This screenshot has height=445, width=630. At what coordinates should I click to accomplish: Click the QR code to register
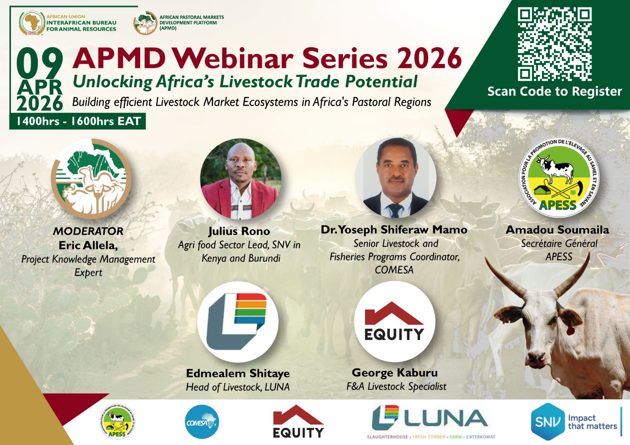point(554,44)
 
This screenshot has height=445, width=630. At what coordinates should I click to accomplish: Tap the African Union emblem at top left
point(32,23)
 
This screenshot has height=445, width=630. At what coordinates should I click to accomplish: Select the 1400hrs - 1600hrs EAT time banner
point(78,121)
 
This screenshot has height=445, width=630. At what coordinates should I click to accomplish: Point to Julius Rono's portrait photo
point(241,179)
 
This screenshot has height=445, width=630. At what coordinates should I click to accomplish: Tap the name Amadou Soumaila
point(557,230)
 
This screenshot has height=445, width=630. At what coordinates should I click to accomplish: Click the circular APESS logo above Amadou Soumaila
point(559,177)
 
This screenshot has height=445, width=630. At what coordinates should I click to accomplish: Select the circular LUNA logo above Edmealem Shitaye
point(238,322)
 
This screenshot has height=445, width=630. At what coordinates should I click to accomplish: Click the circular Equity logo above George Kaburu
point(395,322)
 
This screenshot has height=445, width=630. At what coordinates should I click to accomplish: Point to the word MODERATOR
point(88,231)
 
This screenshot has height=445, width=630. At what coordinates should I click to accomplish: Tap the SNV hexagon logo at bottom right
point(547,422)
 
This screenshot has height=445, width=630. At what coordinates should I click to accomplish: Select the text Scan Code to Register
point(554,91)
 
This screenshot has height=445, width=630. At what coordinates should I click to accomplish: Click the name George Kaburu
point(395,373)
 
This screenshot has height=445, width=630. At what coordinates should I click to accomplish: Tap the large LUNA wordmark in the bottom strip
point(445,419)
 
